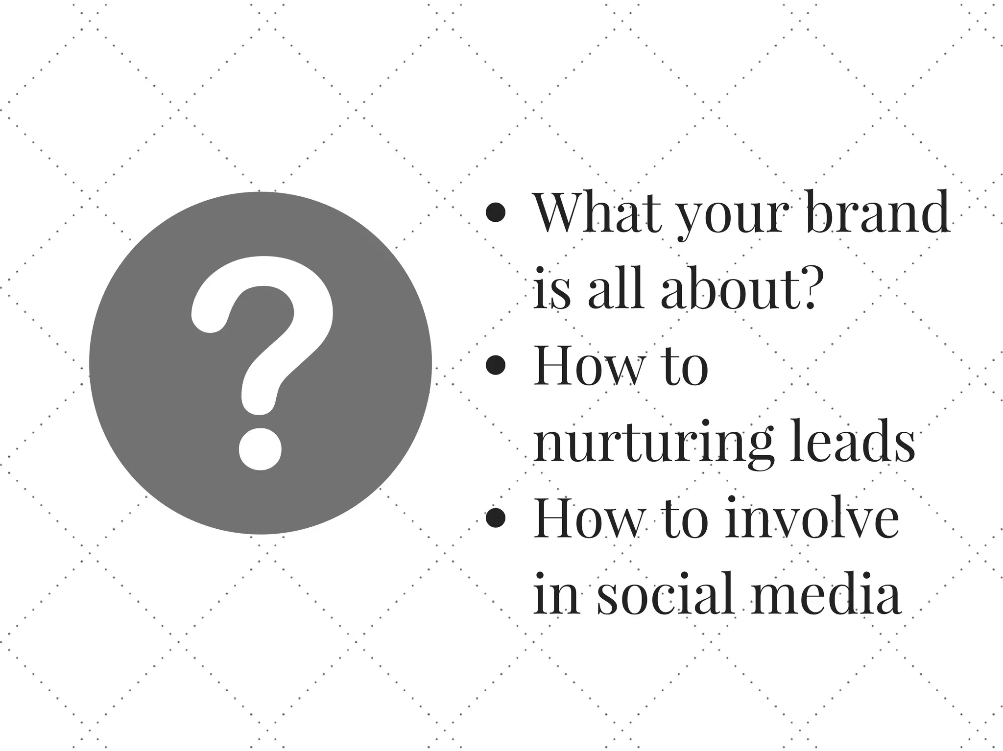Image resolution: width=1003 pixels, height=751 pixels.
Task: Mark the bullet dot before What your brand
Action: tap(496, 213)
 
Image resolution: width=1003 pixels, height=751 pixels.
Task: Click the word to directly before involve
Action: tap(685, 519)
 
